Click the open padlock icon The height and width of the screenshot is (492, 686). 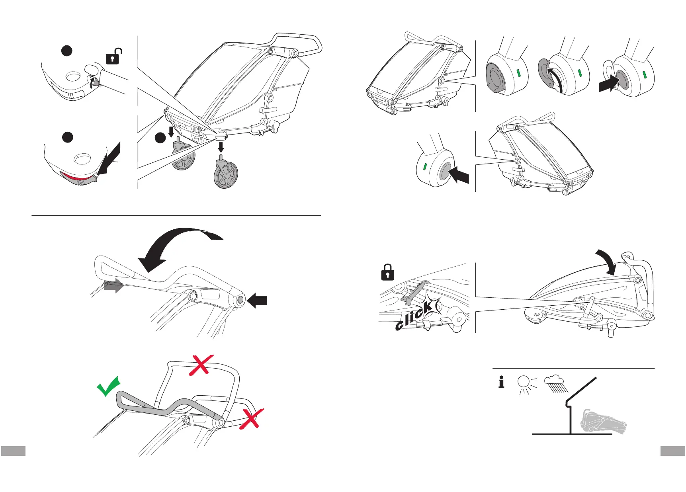[114, 57]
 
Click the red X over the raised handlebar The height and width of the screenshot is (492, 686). [201, 365]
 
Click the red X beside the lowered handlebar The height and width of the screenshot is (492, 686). [250, 419]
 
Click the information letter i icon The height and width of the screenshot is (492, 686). [501, 382]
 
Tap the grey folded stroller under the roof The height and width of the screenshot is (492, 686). [602, 422]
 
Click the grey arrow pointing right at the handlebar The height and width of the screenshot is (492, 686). [113, 286]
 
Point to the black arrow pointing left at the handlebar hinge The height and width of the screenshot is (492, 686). [257, 301]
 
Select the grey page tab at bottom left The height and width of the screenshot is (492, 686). [13, 451]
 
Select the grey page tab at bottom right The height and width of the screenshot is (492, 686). [673, 451]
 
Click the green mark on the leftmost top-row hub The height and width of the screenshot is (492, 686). [518, 72]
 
